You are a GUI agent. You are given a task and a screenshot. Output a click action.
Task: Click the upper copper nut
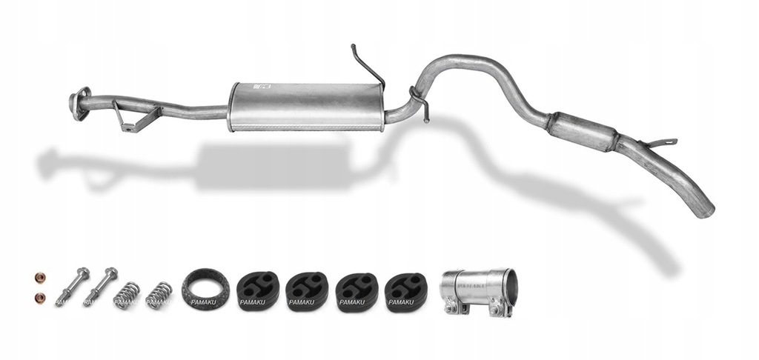[x=39, y=278]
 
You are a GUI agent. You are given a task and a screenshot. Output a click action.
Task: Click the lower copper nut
[x=40, y=297]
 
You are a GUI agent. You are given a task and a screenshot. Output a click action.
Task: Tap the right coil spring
[x=159, y=294]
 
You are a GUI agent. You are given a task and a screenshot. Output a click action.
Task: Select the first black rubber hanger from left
[x=256, y=290]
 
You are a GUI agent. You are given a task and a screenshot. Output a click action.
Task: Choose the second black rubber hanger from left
[x=306, y=291]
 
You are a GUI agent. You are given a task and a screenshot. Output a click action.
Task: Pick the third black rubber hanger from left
[x=356, y=291]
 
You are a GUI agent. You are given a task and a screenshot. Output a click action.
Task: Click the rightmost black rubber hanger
[x=405, y=291]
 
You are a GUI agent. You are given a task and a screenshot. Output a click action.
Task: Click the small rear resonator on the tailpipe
[x=581, y=131]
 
